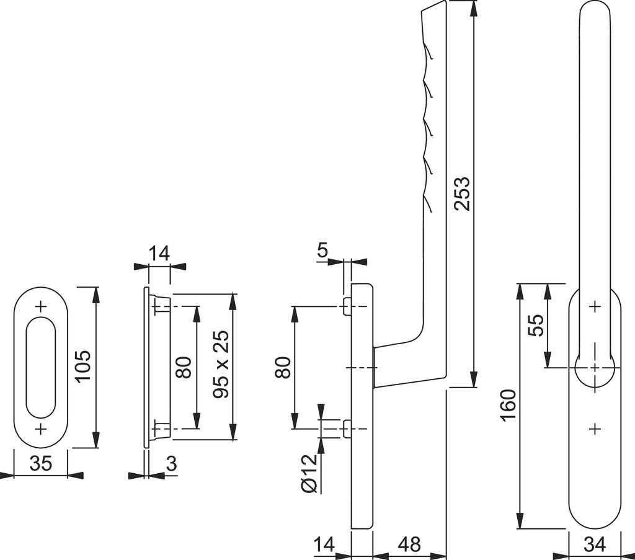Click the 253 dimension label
coord(462,194)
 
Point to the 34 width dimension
coord(594,544)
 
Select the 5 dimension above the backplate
coord(323,251)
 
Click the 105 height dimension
coord(83,366)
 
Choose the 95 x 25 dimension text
coord(221,365)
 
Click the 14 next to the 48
coord(324,544)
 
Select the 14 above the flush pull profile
coord(159,253)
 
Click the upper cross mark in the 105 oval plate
coord(41,306)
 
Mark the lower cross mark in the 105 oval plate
coord(41,429)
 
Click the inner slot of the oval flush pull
coord(41,367)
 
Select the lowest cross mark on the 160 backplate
coord(594,429)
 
